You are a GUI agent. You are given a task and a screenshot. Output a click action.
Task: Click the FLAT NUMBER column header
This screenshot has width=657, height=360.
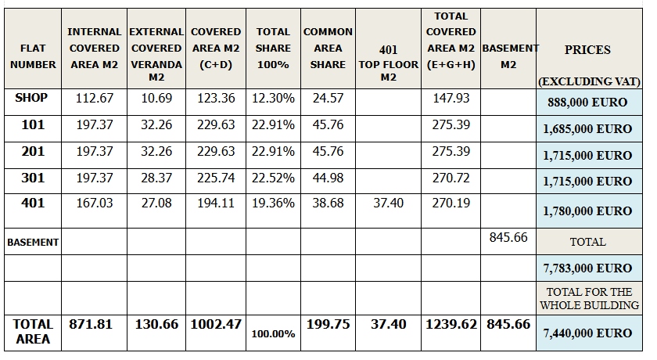pyautogui.click(x=32, y=56)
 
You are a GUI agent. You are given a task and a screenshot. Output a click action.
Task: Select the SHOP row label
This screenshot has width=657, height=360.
pyautogui.click(x=31, y=98)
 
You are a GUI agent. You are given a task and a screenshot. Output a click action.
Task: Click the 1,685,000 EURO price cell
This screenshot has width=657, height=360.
pyautogui.click(x=587, y=129)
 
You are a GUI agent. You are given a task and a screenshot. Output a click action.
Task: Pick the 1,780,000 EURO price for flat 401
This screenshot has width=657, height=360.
pyautogui.click(x=587, y=211)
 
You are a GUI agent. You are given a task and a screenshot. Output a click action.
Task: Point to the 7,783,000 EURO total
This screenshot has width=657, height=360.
pyautogui.click(x=587, y=268)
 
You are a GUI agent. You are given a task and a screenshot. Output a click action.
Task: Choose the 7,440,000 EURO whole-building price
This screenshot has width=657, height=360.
pyautogui.click(x=587, y=333)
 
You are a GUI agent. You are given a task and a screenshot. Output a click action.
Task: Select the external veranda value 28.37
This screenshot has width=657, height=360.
pyautogui.click(x=156, y=178)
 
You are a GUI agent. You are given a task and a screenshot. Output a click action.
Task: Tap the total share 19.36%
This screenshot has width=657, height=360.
pyautogui.click(x=273, y=203)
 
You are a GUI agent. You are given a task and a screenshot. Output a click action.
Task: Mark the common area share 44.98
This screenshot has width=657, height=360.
pyautogui.click(x=328, y=178)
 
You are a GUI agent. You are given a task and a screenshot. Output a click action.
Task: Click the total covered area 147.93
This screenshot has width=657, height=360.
pyautogui.click(x=451, y=99)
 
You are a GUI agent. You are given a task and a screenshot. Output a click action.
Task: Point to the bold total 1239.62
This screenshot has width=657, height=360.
pyautogui.click(x=451, y=324)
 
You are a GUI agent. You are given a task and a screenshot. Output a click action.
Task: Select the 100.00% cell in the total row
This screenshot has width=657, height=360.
pyautogui.click(x=273, y=334)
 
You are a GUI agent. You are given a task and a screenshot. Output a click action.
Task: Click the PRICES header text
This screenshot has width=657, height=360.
pyautogui.click(x=587, y=49)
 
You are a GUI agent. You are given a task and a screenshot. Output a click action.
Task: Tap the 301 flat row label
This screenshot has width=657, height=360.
pyautogui.click(x=32, y=178)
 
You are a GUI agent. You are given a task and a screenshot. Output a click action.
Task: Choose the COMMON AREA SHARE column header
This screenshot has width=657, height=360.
pyautogui.click(x=328, y=48)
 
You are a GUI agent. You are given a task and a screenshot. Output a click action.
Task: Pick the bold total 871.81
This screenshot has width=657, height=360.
pyautogui.click(x=94, y=324)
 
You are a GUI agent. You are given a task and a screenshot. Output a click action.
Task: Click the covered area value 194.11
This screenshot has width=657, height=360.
pyautogui.click(x=216, y=203)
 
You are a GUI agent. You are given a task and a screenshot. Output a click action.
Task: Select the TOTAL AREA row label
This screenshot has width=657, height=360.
pyautogui.click(x=32, y=331)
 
